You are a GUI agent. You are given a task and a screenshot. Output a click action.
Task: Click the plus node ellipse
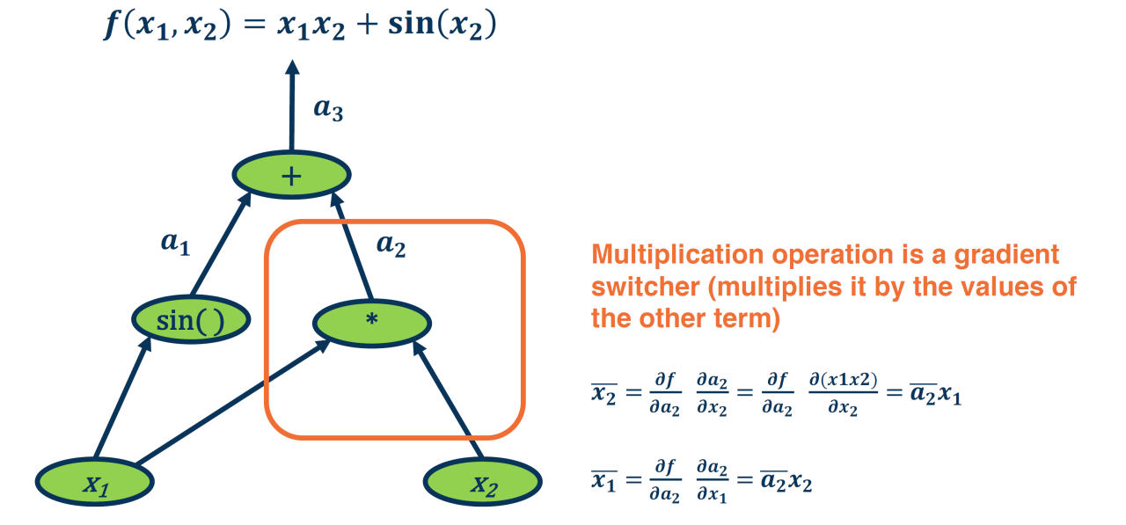point(291,175)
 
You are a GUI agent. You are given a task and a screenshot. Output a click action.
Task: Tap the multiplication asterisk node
point(372,322)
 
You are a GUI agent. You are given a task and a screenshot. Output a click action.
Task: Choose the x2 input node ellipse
point(483,483)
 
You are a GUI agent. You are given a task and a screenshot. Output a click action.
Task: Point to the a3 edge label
point(329,109)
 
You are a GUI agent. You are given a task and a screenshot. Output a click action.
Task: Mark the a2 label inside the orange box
point(391,244)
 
